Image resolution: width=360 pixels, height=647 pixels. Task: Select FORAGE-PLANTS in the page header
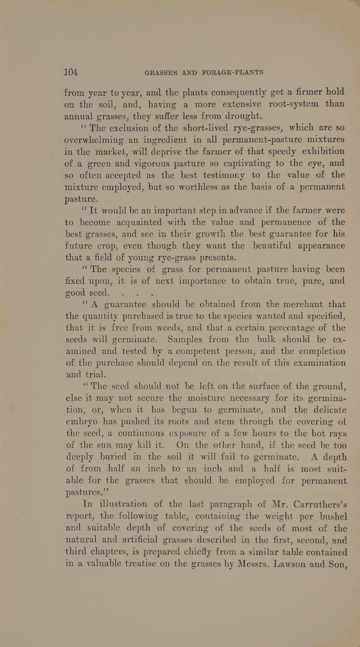pyautogui.click(x=236, y=73)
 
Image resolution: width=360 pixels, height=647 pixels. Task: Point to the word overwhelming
pyautogui.click(x=99, y=139)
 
